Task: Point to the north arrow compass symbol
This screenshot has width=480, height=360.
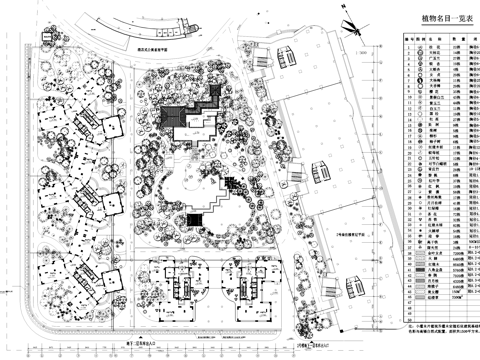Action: (x=352, y=27)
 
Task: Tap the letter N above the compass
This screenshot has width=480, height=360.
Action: (x=351, y=10)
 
